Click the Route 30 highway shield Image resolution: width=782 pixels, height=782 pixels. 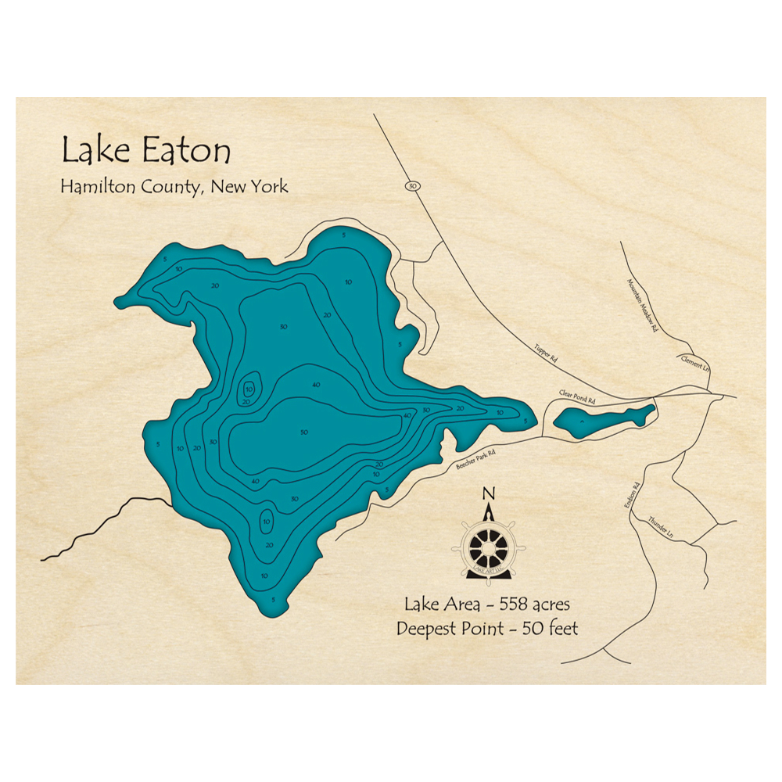click(412, 186)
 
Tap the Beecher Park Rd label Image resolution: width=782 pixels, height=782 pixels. click(475, 457)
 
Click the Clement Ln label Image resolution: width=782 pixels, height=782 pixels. click(694, 361)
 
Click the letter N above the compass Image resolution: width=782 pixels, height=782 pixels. click(489, 493)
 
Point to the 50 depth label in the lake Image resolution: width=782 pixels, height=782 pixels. click(303, 432)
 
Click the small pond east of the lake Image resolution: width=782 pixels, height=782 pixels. click(602, 420)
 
